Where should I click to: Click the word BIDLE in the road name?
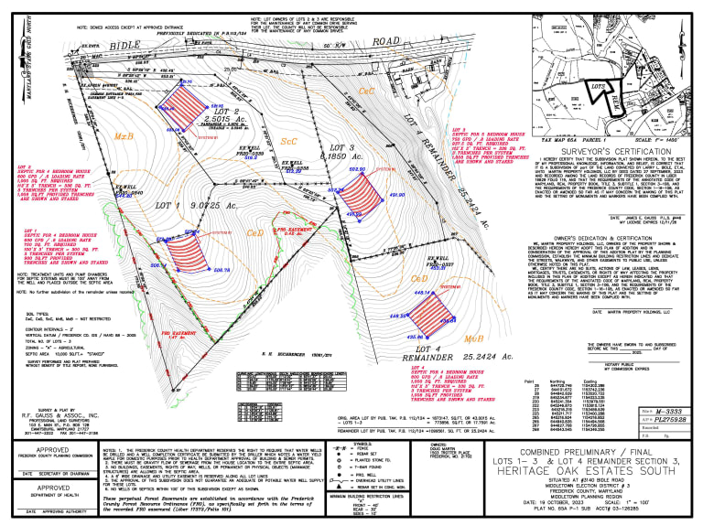tap(134, 43)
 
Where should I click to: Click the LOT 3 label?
tap(341, 147)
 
